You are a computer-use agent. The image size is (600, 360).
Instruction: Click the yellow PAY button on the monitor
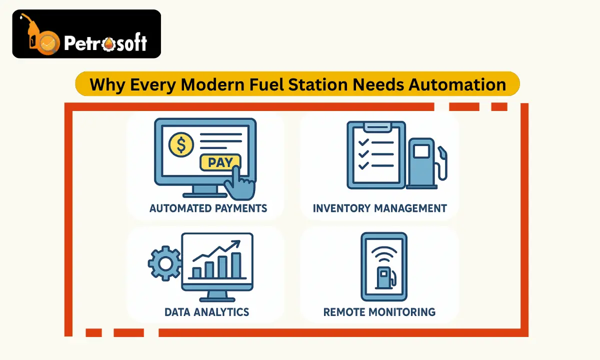click(219, 162)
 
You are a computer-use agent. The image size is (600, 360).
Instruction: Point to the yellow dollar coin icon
click(181, 145)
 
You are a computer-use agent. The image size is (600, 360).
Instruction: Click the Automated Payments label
click(208, 208)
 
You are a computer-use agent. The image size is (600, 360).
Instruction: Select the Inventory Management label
click(380, 208)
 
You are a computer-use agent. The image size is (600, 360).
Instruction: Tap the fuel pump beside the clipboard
click(424, 162)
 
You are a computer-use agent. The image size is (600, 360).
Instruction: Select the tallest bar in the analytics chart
click(236, 265)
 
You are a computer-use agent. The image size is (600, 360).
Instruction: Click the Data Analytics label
click(206, 312)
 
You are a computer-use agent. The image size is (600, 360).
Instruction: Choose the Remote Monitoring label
click(379, 312)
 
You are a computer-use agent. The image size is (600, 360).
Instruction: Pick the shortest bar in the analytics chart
click(196, 272)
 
